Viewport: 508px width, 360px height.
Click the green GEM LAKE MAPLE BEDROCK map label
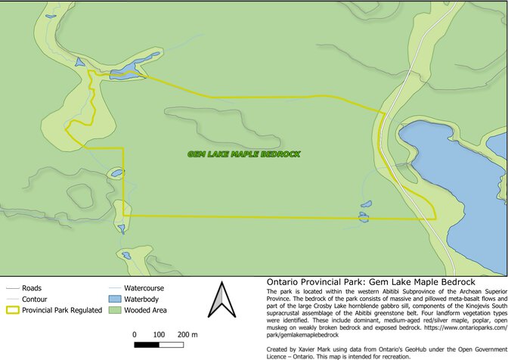pos(243,154)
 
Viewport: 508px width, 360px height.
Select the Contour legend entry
pos(31,299)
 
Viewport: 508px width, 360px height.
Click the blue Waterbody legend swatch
pos(113,299)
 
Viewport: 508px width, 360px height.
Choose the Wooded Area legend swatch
pos(113,310)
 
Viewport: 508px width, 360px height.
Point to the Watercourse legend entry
pos(144,288)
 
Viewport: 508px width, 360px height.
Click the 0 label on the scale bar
pos(134,334)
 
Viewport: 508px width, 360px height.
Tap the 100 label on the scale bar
pos(159,334)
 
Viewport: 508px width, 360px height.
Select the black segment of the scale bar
pos(147,344)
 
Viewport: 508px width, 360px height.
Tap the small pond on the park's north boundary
pos(126,73)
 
